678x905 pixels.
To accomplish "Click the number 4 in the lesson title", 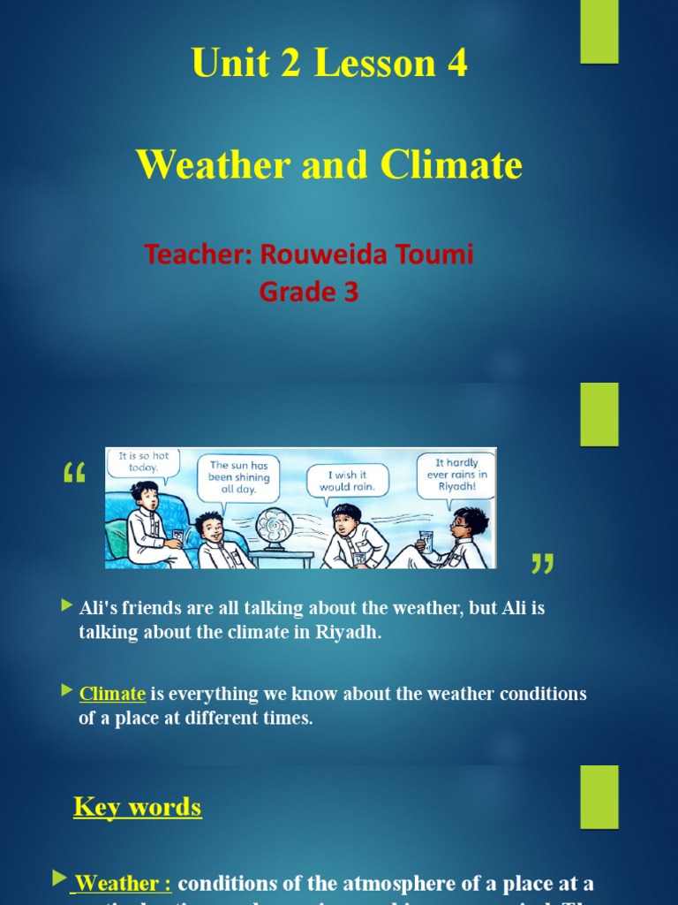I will tap(457, 64).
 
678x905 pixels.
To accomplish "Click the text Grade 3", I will tap(309, 292).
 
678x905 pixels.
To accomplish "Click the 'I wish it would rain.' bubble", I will tap(347, 481).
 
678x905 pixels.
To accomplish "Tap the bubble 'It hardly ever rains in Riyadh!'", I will tap(456, 474).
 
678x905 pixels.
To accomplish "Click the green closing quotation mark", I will tap(543, 563).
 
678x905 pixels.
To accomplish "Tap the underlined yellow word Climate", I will tap(112, 694).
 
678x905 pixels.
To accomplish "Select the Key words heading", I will tap(138, 806).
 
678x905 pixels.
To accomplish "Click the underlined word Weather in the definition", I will tap(117, 883).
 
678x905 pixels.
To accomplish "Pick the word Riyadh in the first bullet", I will tap(349, 632).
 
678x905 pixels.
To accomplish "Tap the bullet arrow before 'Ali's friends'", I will tap(67, 605).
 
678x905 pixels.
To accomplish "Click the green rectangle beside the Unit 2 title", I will tap(599, 32).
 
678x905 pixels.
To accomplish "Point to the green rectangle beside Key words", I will tap(599, 797).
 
